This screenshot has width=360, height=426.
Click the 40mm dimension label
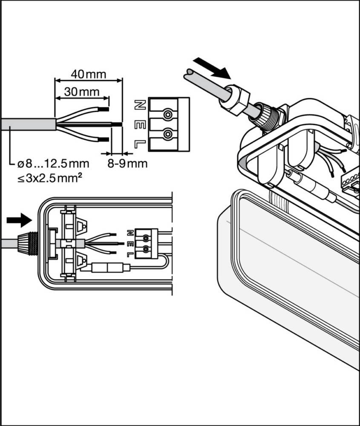click(88, 74)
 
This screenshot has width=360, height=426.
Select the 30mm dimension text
click(81, 92)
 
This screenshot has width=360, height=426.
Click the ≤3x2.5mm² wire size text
click(50, 178)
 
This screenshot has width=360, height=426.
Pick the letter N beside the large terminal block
click(139, 104)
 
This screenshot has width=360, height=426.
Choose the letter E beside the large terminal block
click(139, 124)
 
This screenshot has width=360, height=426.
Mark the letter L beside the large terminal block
click(139, 144)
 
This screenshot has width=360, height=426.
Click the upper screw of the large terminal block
click(168, 115)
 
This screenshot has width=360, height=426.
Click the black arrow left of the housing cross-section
click(19, 220)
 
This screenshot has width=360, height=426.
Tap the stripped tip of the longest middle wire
click(117, 124)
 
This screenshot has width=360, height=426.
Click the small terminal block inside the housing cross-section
click(145, 243)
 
